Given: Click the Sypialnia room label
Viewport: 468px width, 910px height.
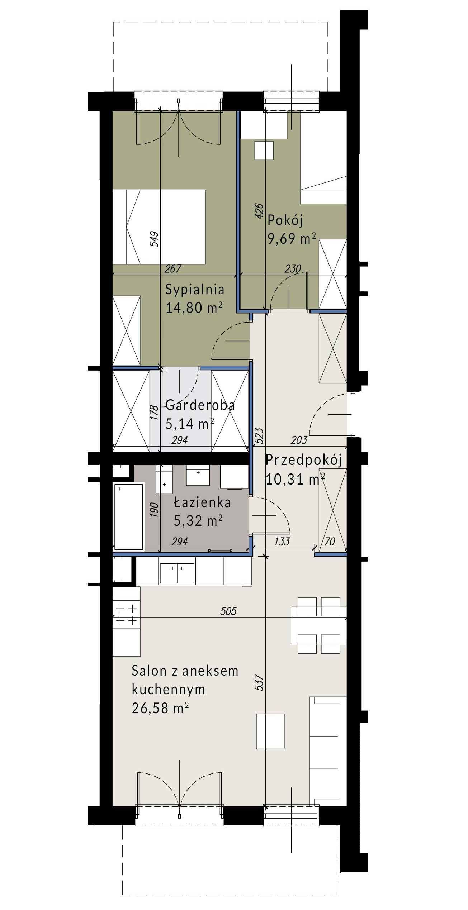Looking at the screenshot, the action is coord(195,290).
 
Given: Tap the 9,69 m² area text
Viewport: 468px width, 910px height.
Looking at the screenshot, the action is coord(292,238).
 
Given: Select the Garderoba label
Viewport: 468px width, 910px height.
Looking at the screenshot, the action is coord(200,405).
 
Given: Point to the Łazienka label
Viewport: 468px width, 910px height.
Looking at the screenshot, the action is coord(202,502).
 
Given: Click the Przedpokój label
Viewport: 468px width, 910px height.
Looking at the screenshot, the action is coord(303,461).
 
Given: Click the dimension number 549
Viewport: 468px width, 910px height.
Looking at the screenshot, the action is coord(154,239).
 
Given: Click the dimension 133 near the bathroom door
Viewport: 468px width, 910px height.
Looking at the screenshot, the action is coord(282,542).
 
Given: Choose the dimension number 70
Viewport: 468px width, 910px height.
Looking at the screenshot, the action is coord(330,542).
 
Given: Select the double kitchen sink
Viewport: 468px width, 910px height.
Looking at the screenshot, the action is coord(177,573).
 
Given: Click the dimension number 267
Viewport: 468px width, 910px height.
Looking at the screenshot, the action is coord(173,268).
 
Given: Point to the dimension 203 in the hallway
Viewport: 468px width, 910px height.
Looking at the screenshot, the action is coord(299,440).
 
